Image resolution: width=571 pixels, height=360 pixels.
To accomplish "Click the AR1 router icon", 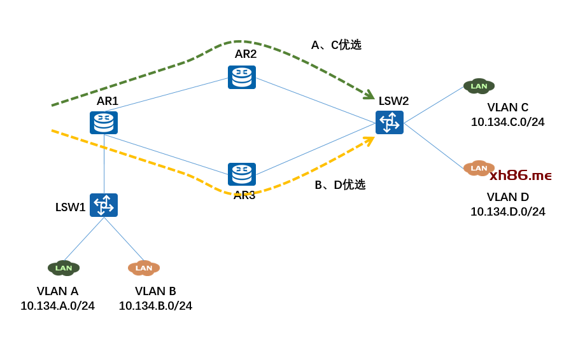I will tap(104, 123).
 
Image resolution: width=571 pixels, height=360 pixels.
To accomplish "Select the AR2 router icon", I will tap(242, 77).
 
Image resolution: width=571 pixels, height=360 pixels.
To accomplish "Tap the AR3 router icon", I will tap(242, 174).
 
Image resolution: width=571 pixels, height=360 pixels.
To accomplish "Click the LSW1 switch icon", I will tap(104, 205).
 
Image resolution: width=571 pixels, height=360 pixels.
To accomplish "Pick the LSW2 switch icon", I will tap(390, 122).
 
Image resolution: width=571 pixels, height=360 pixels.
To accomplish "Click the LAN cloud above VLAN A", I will tap(64, 268).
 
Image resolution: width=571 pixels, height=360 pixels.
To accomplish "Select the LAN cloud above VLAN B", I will tap(144, 268).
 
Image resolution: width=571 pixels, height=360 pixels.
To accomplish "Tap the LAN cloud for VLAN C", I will tap(479, 86).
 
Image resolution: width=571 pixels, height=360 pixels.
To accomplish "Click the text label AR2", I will tap(246, 54).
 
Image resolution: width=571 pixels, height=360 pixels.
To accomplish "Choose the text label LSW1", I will tap(70, 207).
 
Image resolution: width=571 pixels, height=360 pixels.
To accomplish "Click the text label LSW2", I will tap(393, 101).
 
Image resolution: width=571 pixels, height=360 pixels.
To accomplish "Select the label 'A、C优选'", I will tap(336, 45).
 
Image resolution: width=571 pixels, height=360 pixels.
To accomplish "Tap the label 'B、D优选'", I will tap(340, 185).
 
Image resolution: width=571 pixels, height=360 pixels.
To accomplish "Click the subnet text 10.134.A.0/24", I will tap(57, 306).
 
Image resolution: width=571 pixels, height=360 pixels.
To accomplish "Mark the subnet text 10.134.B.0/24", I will tap(155, 306).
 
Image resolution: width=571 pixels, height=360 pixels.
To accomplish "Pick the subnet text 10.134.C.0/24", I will tap(507, 122).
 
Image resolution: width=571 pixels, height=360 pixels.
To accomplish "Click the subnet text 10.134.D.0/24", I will tap(507, 212).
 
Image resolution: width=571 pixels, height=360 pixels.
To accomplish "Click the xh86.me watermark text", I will tap(520, 176).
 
